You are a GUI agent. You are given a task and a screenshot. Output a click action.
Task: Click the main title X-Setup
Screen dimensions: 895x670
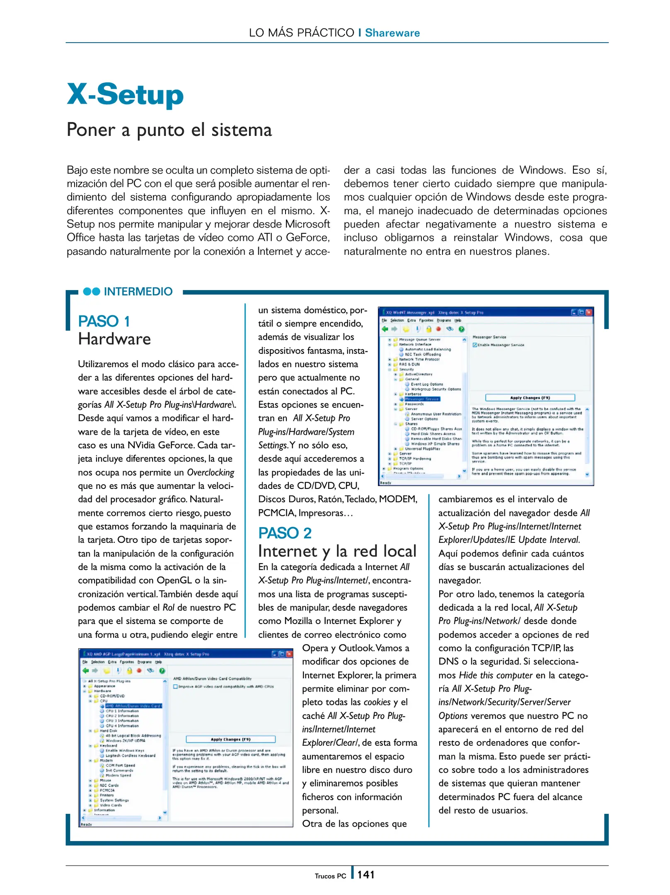point(125,94)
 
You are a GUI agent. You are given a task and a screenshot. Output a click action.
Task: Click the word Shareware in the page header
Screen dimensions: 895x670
point(392,33)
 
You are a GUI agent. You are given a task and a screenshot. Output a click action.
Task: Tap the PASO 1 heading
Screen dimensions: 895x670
point(104,321)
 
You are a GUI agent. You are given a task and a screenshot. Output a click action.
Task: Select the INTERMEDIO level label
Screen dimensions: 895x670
point(138,291)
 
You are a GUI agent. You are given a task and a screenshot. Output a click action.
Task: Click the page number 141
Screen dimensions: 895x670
point(366,875)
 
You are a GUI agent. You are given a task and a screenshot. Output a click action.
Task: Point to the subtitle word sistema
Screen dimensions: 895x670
point(242,130)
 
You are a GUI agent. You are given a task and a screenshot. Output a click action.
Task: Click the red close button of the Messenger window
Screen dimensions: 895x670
point(589,312)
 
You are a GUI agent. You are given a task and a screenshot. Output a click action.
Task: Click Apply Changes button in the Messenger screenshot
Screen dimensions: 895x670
point(530,398)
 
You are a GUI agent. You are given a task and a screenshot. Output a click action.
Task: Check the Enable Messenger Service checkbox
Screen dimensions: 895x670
point(475,345)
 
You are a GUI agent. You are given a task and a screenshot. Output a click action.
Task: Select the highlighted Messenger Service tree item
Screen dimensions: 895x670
point(422,399)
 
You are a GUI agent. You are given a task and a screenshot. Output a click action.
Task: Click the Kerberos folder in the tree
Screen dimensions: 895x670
point(413,394)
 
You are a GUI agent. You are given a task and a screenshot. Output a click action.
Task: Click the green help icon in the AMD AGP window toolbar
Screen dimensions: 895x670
point(162,670)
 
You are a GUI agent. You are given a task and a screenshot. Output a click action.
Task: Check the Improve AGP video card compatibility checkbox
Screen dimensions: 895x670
point(175,687)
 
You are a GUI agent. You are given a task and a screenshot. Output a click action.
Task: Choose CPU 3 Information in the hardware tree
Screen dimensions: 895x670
point(122,721)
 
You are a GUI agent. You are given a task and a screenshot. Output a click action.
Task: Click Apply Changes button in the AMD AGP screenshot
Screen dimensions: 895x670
point(230,739)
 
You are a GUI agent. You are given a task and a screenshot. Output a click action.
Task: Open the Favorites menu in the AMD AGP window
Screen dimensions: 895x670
point(126,662)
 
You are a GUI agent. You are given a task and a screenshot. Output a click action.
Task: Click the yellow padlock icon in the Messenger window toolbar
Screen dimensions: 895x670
point(428,329)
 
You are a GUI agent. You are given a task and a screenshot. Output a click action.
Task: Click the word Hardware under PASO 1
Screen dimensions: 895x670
point(114,339)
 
